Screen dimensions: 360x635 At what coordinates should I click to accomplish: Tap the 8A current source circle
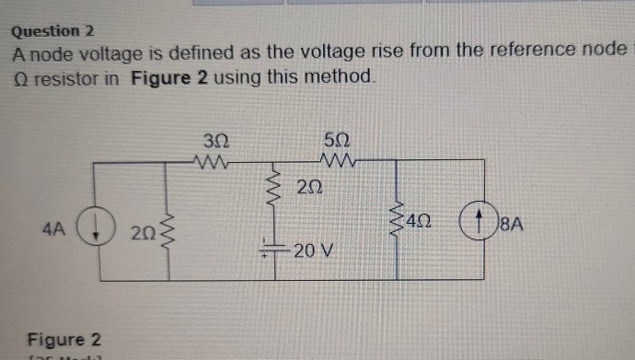(479, 223)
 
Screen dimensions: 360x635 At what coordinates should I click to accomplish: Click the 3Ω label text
(214, 142)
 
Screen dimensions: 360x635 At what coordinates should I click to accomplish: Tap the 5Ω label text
(336, 142)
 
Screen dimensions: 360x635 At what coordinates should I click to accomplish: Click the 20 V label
(314, 249)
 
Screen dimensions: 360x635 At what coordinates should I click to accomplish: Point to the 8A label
(511, 224)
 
